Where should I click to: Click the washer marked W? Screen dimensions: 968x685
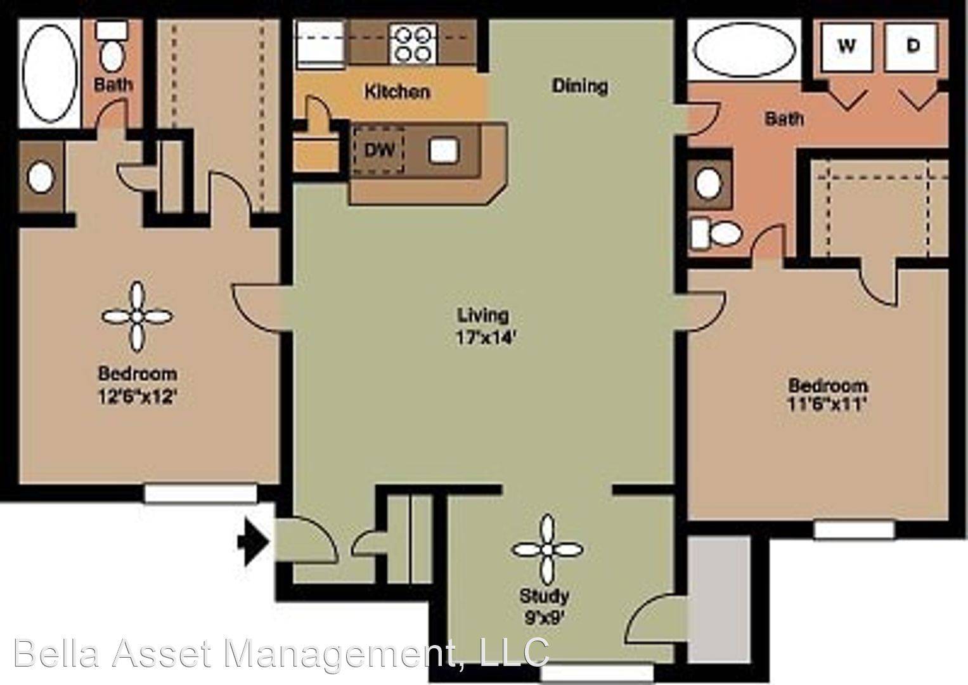pyautogui.click(x=846, y=47)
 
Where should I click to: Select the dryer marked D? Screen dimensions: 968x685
pyautogui.click(x=911, y=47)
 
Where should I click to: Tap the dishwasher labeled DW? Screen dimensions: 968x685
pyautogui.click(x=378, y=150)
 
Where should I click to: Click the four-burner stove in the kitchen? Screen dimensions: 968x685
pyautogui.click(x=413, y=43)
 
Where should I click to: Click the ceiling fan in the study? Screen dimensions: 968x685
pyautogui.click(x=547, y=550)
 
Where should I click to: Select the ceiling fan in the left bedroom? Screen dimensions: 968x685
pyautogui.click(x=138, y=317)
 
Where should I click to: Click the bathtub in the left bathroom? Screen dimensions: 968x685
pyautogui.click(x=50, y=73)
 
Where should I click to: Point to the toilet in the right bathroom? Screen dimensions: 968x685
pyautogui.click(x=716, y=234)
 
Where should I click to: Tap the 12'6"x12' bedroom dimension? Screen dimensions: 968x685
pyautogui.click(x=138, y=396)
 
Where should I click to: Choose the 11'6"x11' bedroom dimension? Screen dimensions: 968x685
pyautogui.click(x=827, y=405)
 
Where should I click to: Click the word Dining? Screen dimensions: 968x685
pyautogui.click(x=580, y=86)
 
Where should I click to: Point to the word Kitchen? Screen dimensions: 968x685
pyautogui.click(x=397, y=92)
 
